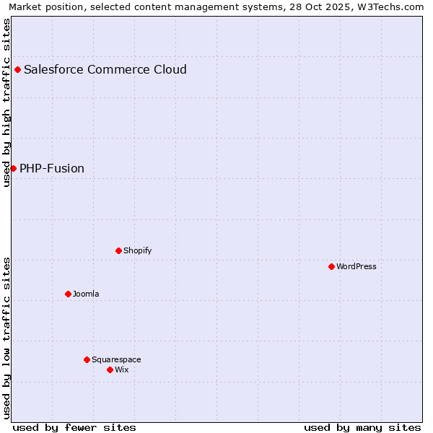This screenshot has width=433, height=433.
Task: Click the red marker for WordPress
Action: point(331,266)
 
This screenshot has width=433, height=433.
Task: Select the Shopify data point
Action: point(118,250)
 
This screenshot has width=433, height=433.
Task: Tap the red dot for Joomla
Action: point(68,294)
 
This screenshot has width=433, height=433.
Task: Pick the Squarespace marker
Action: point(87,359)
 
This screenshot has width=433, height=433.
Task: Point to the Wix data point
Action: point(110,369)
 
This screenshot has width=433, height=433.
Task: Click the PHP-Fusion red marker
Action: point(13,168)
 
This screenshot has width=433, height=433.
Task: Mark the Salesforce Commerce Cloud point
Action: point(17,69)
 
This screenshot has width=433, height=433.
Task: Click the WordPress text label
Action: point(357,266)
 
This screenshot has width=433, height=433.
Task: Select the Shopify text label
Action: point(137,250)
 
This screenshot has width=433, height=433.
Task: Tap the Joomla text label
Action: point(86,294)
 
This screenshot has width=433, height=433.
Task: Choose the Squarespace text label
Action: point(116,359)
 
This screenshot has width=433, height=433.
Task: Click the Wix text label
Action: point(121,369)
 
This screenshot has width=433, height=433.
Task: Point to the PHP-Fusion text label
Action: point(52,169)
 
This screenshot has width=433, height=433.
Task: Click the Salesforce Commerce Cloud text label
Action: point(105,70)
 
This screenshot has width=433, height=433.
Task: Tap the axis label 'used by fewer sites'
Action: point(74,427)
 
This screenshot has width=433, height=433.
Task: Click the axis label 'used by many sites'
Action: point(362,427)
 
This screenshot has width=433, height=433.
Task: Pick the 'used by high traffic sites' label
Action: point(6,102)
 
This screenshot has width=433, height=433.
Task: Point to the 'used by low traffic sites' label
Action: point(6,337)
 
